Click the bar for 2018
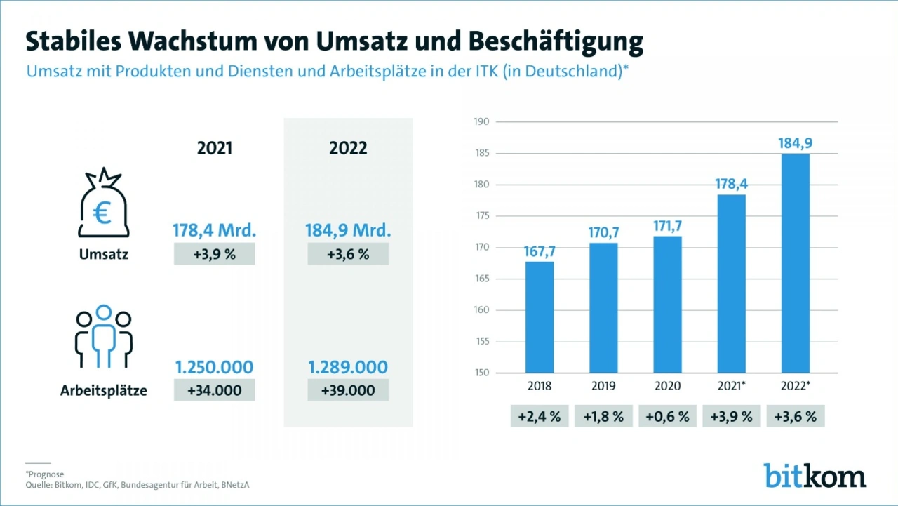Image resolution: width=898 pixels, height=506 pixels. pyautogui.click(x=540, y=317)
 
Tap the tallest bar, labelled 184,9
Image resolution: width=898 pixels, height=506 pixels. pyautogui.click(x=795, y=263)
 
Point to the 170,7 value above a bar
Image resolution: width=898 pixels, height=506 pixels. pyautogui.click(x=603, y=232)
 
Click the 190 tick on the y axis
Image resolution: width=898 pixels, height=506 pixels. pyautogui.click(x=481, y=122)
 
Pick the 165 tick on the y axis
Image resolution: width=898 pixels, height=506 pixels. pyautogui.click(x=481, y=279)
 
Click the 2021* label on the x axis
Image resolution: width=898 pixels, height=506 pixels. pyautogui.click(x=732, y=386)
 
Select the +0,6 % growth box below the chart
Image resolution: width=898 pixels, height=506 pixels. pyautogui.click(x=667, y=416)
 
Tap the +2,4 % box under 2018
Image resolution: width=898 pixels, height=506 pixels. pyautogui.click(x=540, y=416)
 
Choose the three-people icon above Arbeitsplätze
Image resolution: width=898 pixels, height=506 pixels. pyautogui.click(x=104, y=337)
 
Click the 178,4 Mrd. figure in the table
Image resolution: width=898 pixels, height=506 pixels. pyautogui.click(x=214, y=231)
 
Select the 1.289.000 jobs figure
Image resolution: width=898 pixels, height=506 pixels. pyautogui.click(x=348, y=367)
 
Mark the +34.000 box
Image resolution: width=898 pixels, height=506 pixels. pyautogui.click(x=214, y=390)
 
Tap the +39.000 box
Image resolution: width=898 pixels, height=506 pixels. pyautogui.click(x=348, y=390)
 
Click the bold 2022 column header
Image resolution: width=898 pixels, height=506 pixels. pyautogui.click(x=348, y=149)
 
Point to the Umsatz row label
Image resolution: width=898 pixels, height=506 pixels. pyautogui.click(x=104, y=255)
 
